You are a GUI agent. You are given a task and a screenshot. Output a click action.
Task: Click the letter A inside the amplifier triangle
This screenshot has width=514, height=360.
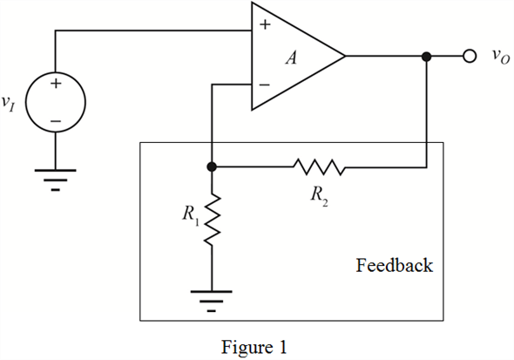tap(292, 58)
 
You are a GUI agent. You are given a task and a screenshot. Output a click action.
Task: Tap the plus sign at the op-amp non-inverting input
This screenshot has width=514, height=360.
tap(265, 24)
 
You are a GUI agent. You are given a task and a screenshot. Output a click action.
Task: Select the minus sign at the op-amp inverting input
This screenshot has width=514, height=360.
tap(264, 85)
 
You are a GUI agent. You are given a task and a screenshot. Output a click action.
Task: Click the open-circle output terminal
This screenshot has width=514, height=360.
tap(470, 57)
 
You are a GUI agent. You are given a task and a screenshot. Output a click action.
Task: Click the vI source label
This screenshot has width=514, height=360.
tap(9, 103)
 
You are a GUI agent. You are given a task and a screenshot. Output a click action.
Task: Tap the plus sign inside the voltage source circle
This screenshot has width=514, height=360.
tap(56, 84)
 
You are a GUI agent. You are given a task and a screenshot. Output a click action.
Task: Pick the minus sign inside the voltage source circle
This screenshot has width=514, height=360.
tap(56, 121)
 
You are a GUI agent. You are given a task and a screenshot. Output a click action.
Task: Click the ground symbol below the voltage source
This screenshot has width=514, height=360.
tap(56, 180)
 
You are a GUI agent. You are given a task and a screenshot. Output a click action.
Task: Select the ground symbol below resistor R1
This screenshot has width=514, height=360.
tap(212, 301)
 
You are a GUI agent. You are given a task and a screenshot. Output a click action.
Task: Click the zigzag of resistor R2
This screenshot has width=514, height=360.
tap(319, 167)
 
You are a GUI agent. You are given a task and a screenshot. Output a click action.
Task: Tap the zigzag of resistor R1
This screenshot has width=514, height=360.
tap(212, 219)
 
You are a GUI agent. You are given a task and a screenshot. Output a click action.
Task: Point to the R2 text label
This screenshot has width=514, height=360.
tap(319, 196)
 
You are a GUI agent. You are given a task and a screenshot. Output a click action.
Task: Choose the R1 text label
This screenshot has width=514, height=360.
tap(191, 215)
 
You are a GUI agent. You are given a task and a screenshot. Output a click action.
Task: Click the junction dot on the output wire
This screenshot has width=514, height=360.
tap(427, 57)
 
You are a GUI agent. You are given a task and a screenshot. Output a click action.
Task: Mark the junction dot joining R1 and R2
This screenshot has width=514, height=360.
tap(212, 166)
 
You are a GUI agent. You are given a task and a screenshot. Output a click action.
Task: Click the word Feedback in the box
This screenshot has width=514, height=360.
tap(394, 265)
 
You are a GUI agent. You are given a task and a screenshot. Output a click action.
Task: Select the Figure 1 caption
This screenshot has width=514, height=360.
tap(254, 347)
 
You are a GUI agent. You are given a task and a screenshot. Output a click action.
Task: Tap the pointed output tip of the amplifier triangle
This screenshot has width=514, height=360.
tap(345, 56)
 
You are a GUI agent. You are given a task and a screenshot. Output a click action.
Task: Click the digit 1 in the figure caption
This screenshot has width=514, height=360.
tap(282, 347)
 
